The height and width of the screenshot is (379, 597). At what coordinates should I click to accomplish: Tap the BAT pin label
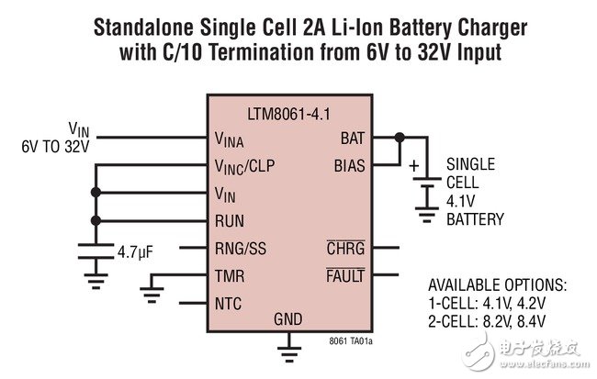[x=351, y=139]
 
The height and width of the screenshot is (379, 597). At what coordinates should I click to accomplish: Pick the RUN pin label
[x=230, y=220]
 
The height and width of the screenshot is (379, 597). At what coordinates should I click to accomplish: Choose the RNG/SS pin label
[x=242, y=247]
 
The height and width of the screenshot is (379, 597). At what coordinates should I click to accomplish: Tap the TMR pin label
[x=229, y=274]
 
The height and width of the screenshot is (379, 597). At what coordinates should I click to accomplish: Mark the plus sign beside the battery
[x=414, y=166]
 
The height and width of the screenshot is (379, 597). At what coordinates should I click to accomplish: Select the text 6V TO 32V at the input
[x=56, y=146]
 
